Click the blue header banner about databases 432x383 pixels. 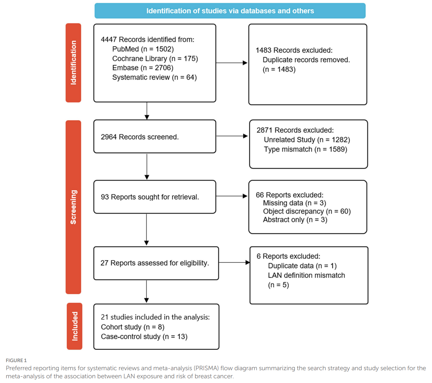(230, 11)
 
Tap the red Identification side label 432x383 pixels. (73, 63)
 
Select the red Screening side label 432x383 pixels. (73, 207)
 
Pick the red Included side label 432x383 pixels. (74, 326)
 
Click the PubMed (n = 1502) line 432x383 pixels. (143, 49)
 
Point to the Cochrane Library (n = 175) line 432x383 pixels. (155, 59)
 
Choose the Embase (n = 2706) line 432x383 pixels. (143, 68)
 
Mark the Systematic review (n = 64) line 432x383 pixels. (154, 77)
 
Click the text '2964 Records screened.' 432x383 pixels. (140, 137)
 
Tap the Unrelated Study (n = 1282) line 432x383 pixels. (307, 140)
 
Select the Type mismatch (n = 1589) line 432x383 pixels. (305, 149)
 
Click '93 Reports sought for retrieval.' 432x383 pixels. (150, 197)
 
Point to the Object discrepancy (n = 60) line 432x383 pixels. (307, 211)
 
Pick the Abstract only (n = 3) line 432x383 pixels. (295, 219)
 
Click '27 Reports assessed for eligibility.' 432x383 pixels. (155, 263)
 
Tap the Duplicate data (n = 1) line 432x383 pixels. (302, 266)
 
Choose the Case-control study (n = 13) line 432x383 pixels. (144, 337)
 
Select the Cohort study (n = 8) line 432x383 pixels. (132, 327)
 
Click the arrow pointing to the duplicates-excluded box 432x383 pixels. (232, 63)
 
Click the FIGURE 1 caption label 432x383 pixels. (16, 360)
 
